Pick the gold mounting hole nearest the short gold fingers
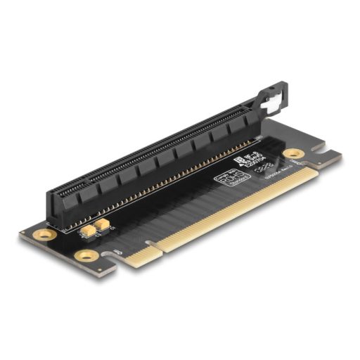pos(85,256)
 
